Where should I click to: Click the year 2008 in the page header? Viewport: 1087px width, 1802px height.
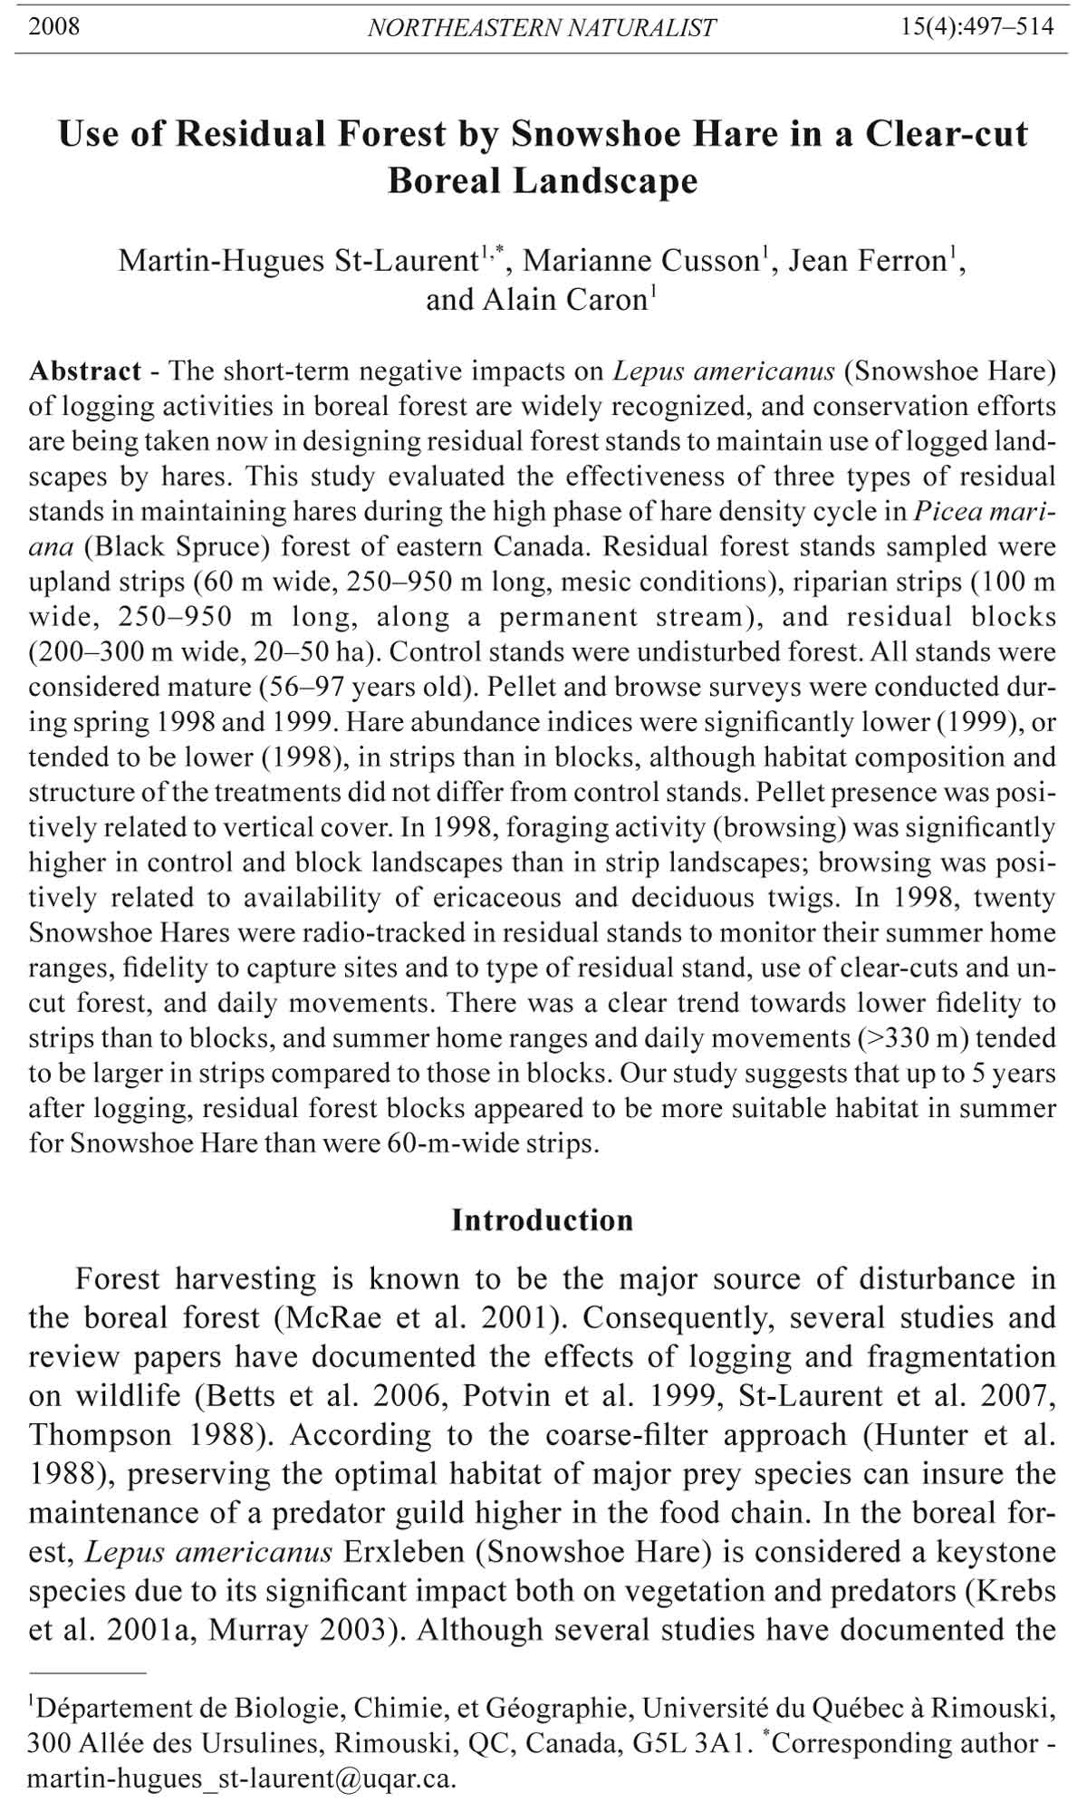click(54, 26)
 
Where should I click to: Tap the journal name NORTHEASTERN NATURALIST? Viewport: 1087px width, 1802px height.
click(542, 28)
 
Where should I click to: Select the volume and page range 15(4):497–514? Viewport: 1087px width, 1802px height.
click(977, 26)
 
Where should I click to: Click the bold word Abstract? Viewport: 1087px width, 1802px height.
click(84, 371)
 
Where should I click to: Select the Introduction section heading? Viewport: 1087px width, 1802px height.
click(543, 1220)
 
